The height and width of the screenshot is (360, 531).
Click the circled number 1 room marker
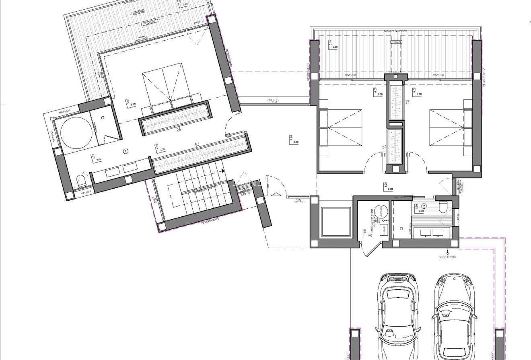pyautogui.click(x=126, y=151)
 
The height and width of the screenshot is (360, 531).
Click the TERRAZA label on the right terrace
pyautogui.click(x=396, y=41)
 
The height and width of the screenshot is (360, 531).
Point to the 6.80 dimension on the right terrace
pyautogui.click(x=335, y=47)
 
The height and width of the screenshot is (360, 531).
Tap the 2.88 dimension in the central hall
pyautogui.click(x=296, y=142)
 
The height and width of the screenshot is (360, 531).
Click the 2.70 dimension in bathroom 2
pyautogui.click(x=421, y=211)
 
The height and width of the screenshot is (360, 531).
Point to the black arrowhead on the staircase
pyautogui.click(x=222, y=171)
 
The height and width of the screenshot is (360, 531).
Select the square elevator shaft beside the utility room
pyautogui.click(x=336, y=221)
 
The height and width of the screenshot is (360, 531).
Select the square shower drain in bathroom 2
pyautogui.click(x=401, y=228)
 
